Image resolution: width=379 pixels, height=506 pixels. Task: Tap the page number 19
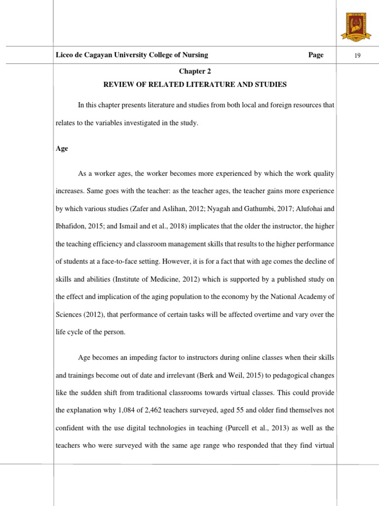pos(358,55)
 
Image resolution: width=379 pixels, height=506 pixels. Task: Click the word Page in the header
pos(316,55)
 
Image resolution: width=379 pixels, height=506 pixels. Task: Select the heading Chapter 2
pos(194,72)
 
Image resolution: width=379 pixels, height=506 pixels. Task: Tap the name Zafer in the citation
pos(141,209)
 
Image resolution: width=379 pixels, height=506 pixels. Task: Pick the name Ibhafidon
pos(73,226)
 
